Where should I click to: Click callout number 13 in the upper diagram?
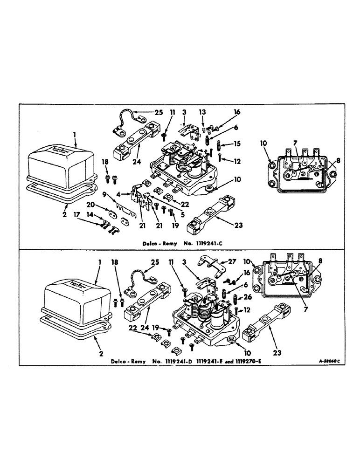pyautogui.click(x=202, y=112)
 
